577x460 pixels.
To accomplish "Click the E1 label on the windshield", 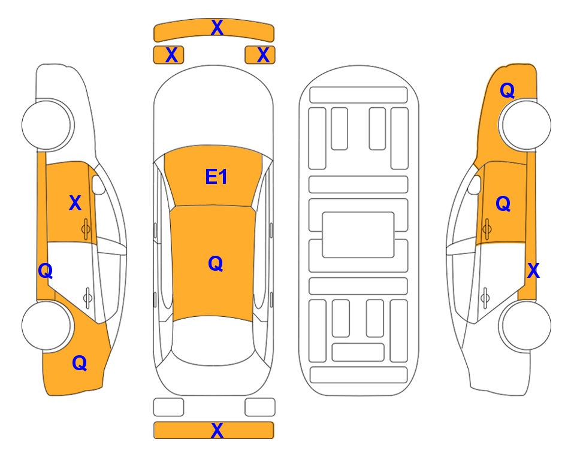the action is pos(216,177).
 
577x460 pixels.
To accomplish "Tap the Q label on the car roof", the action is pos(216,264).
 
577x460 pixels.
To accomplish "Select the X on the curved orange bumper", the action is pos(217,28).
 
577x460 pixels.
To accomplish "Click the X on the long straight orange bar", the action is pos(217,430).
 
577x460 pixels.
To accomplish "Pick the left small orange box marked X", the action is pos(168,55).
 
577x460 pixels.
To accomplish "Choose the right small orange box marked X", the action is pos(260,55).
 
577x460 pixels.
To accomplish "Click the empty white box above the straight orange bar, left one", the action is pos(168,407).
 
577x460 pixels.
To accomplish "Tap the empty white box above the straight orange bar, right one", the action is pos(260,407).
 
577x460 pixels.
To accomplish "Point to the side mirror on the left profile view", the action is pos(98,184).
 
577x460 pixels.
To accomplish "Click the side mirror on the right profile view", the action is pos(475,184).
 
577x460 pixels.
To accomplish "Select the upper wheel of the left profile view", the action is pos(47,125).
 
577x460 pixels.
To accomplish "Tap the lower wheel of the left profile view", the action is pos(47,325).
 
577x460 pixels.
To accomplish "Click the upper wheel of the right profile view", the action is pos(525,125).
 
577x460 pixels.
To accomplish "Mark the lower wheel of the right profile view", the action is pos(525,325).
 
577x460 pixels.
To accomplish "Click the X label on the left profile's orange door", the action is pos(75,203).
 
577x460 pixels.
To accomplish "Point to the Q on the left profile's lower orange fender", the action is pos(80,363).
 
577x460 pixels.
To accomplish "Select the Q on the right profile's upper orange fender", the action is pos(507,90).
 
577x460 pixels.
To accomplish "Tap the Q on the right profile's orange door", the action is pos(503,204).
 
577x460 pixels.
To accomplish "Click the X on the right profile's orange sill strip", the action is pos(533,271).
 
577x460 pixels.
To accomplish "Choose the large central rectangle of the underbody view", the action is pos(358,235).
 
